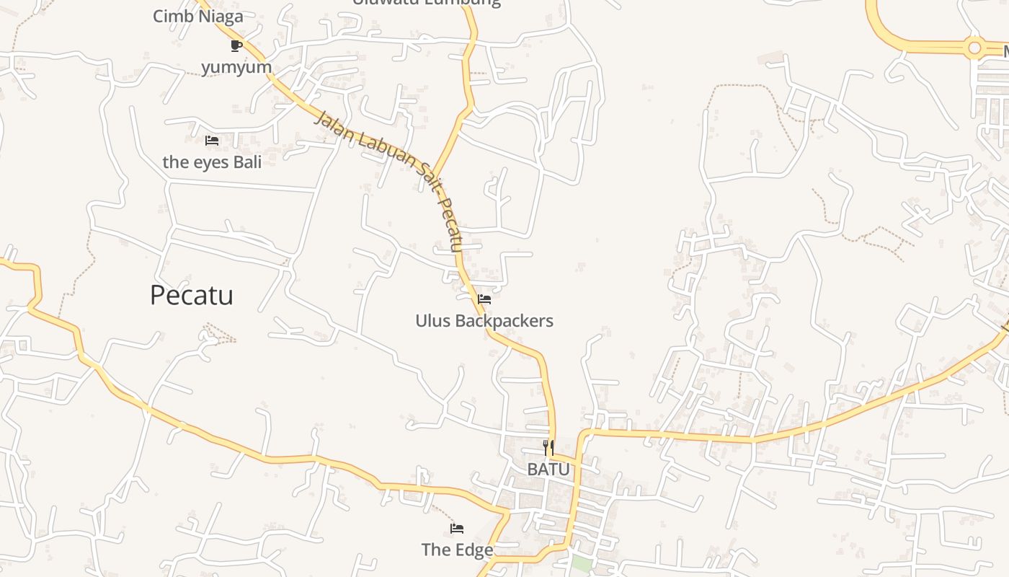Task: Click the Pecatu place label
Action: coord(192,295)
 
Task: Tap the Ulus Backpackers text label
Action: coord(484,320)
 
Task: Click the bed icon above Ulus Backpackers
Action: coord(484,299)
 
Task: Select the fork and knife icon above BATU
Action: coord(548,447)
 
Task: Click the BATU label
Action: coord(548,469)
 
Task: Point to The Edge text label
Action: coord(457,550)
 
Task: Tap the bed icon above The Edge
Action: coord(457,529)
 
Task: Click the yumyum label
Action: coord(236,67)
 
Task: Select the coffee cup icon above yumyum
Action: coord(236,46)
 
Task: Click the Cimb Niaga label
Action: coord(198,16)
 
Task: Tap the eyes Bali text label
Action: coord(212,162)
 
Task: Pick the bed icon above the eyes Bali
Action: coord(212,141)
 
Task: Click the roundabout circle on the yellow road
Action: coord(975,48)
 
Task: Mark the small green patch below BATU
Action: coord(582,564)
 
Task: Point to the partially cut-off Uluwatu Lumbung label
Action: coord(427,2)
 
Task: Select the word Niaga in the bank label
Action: coord(221,16)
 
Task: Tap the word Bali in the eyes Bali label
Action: coord(247,162)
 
